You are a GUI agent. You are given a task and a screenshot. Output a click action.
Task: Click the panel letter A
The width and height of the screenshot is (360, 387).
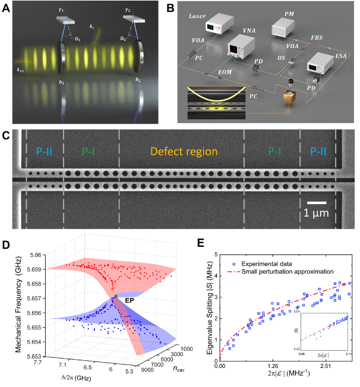pos(7,7)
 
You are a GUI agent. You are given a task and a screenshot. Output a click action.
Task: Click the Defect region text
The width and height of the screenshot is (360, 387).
pos(184,151)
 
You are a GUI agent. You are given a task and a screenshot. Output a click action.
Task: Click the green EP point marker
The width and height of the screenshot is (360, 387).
pos(117,295)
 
